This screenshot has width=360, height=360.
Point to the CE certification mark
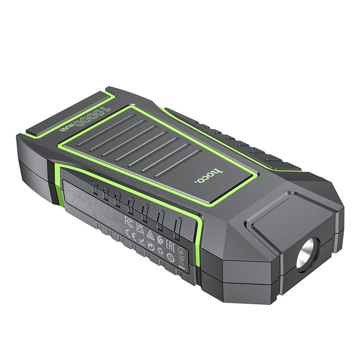(128, 233)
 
